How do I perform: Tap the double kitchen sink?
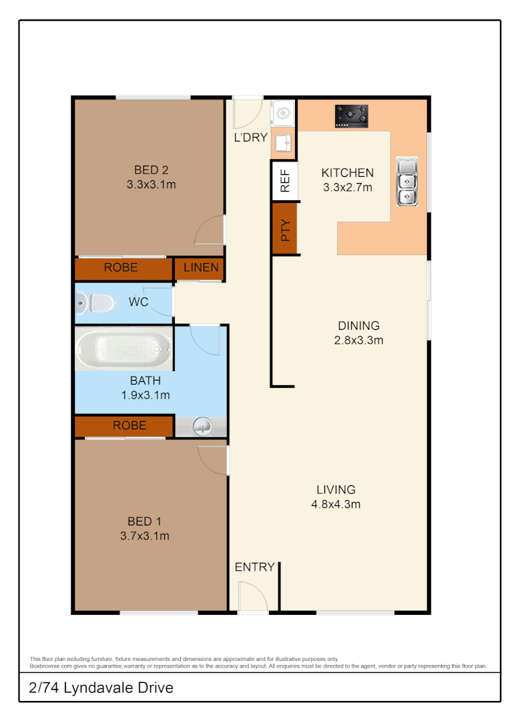click(x=406, y=181)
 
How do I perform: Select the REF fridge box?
click(x=284, y=181)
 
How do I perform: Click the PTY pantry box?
click(x=284, y=229)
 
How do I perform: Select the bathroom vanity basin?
click(x=201, y=427)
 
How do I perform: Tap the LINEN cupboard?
click(x=200, y=268)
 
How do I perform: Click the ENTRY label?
click(x=254, y=567)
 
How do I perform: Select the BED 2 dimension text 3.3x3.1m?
click(x=151, y=184)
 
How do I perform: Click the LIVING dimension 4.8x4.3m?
click(x=336, y=504)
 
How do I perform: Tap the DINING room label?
click(x=358, y=326)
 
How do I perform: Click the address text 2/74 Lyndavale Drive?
click(x=101, y=688)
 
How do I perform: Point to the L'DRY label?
click(x=250, y=138)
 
